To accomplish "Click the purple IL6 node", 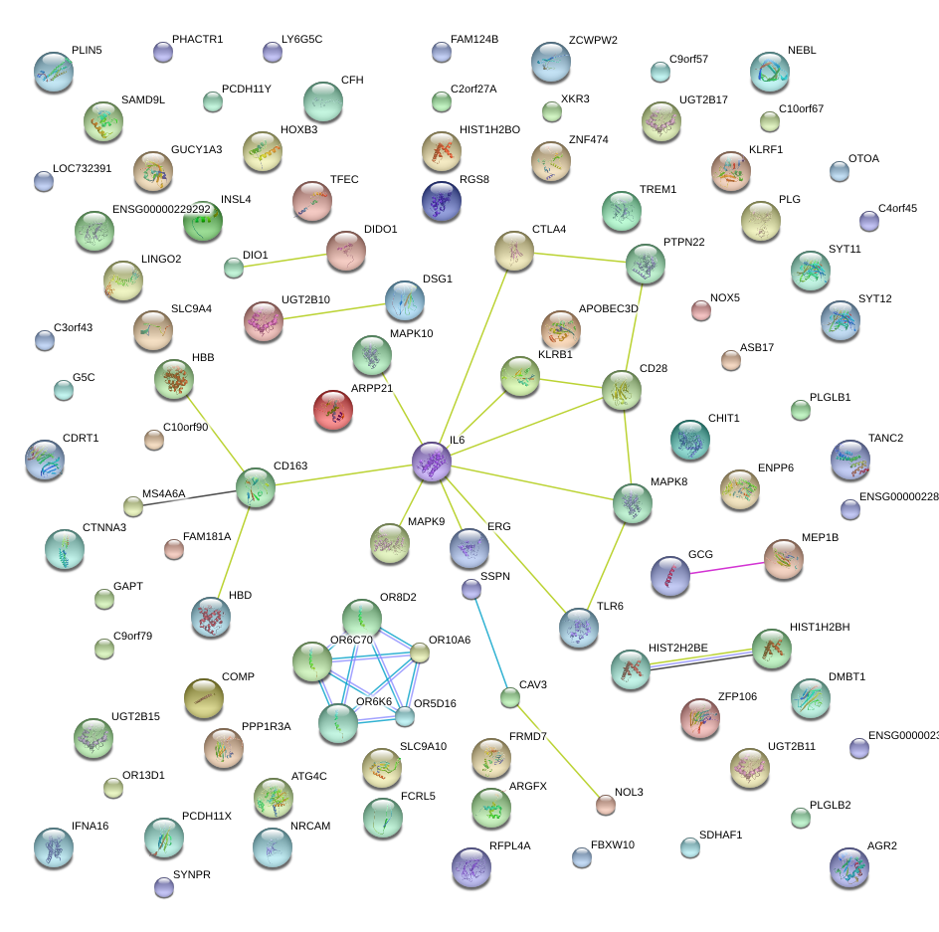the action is [x=432, y=463].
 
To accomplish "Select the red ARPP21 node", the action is [x=334, y=411].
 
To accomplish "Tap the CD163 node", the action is [x=256, y=487].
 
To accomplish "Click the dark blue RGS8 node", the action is [x=442, y=201].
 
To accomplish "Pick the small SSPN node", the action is [x=471, y=590].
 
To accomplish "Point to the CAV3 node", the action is [x=509, y=697].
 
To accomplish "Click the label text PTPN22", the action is [x=683, y=243].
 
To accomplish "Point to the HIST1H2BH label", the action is [x=820, y=628].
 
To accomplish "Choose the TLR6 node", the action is [x=579, y=626].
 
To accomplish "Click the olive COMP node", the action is [x=204, y=698].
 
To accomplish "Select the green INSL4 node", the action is [x=202, y=223].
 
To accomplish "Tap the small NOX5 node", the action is [x=700, y=310].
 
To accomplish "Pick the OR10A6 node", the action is [x=420, y=652].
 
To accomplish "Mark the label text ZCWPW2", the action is [x=593, y=41].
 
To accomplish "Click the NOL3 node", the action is [x=605, y=805].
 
